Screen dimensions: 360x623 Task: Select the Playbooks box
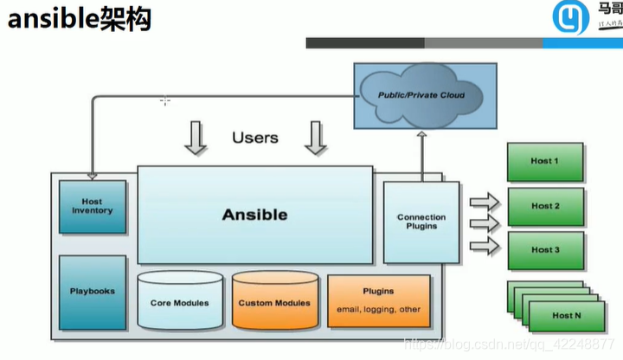click(x=92, y=291)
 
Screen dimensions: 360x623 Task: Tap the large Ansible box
click(x=254, y=214)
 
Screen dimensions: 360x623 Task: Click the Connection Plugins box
click(x=421, y=222)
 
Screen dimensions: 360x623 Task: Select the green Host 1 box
click(x=545, y=162)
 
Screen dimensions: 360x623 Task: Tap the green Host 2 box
click(x=545, y=206)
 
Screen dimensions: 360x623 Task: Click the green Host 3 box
click(x=545, y=250)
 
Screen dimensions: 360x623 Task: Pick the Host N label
click(x=568, y=315)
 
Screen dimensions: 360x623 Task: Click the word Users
click(x=255, y=138)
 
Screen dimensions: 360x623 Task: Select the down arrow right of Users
click(x=315, y=138)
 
